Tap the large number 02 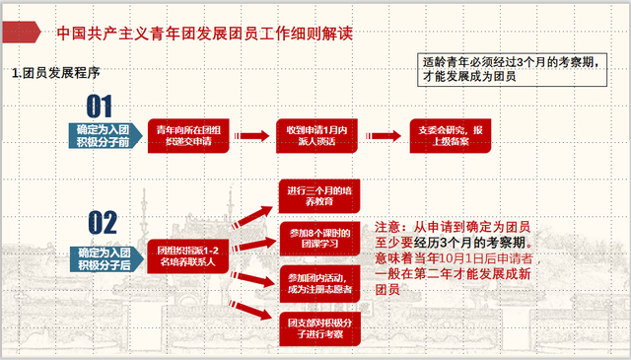(103, 223)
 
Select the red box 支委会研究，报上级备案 (451, 136)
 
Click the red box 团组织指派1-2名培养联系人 (188, 256)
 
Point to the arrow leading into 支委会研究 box (387, 136)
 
